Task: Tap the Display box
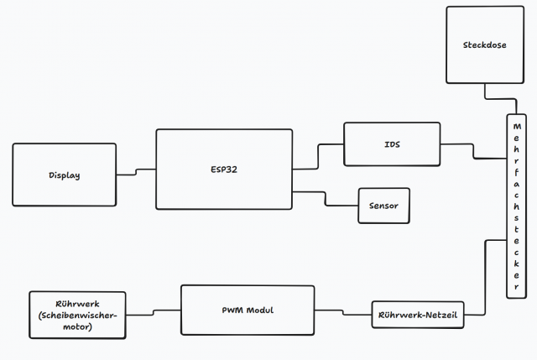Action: [x=64, y=175]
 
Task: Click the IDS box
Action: [x=391, y=144]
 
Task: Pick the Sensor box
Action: [x=384, y=206]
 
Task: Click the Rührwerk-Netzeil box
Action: [x=417, y=315]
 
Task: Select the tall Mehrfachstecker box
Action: [x=517, y=205]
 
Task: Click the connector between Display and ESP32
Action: [x=134, y=173]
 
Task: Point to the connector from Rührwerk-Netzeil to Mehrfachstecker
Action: [x=485, y=277]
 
